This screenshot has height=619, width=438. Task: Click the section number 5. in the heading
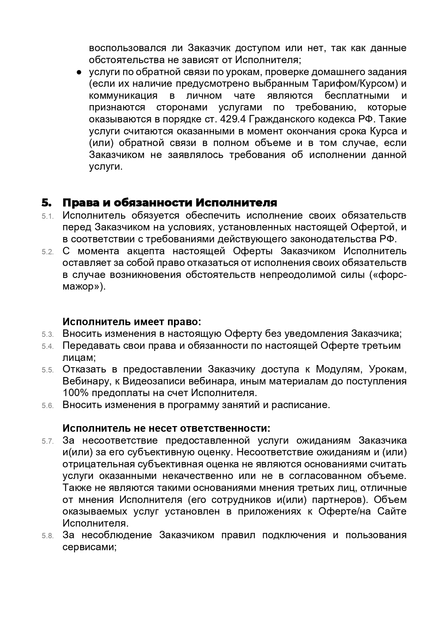[x=47, y=203]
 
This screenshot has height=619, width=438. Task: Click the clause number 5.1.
[x=47, y=216]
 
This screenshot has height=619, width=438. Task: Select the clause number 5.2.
[x=47, y=252]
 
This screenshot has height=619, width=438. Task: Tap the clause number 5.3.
[x=47, y=334]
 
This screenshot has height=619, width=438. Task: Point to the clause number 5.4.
[x=47, y=346]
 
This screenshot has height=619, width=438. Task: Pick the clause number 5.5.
[x=47, y=370]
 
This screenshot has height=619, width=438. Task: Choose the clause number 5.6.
[x=47, y=406]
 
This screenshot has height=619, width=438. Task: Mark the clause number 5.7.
[x=47, y=441]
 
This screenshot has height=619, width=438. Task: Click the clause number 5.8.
[x=47, y=536]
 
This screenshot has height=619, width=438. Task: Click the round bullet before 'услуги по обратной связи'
[x=79, y=72]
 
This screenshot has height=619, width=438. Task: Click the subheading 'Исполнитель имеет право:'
[x=132, y=322]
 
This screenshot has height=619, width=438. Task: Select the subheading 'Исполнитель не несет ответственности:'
[x=166, y=428]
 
